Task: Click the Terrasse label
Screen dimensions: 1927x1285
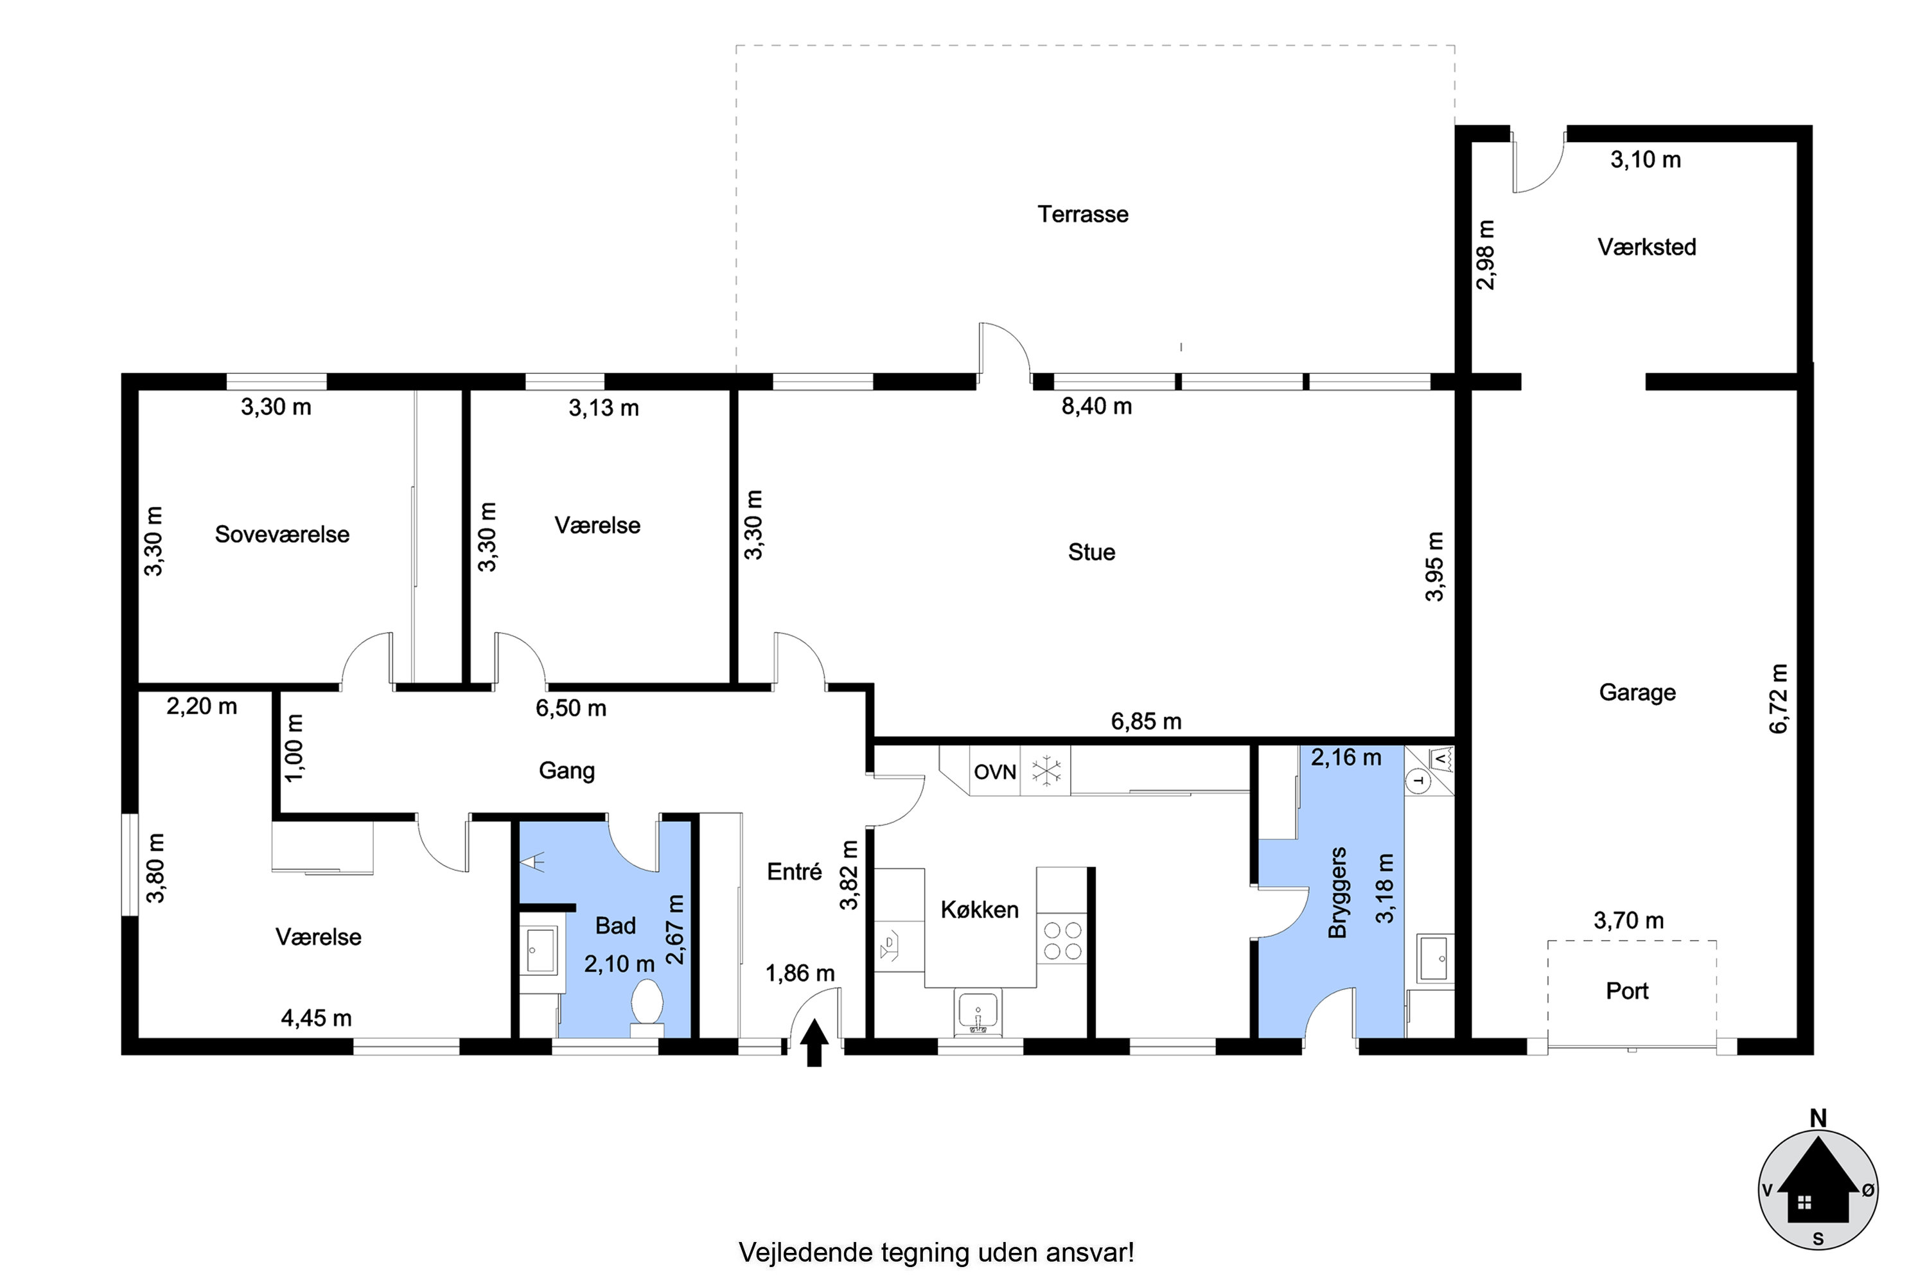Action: coord(1082,214)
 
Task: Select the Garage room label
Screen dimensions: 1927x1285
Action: coord(1637,693)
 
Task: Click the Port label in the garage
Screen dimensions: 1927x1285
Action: coord(1627,991)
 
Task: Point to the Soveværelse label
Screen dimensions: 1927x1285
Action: coord(282,535)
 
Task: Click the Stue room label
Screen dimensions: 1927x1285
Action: coord(1091,553)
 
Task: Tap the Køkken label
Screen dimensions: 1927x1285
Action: coord(979,910)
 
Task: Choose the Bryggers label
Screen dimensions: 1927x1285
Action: coord(1337,893)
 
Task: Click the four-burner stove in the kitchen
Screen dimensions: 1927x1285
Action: coord(1062,941)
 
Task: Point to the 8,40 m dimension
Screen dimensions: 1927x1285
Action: coord(1096,407)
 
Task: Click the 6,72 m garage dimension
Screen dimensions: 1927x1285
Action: coord(1778,698)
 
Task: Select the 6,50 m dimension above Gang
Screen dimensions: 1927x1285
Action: coord(571,708)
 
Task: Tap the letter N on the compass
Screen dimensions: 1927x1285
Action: coord(1817,1118)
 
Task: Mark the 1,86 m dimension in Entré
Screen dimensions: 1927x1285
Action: coord(800,973)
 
